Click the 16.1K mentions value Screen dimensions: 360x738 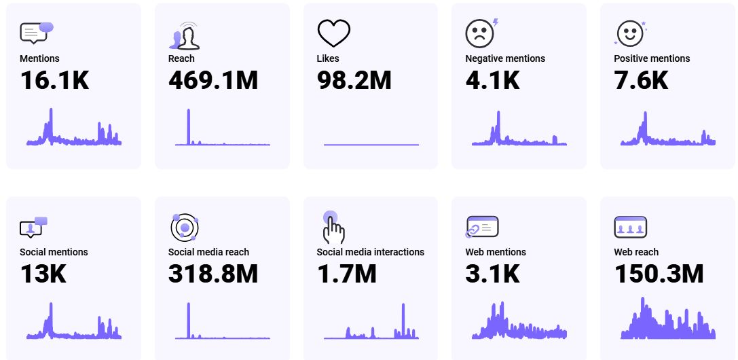(54, 80)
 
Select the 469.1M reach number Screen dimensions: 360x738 (213, 80)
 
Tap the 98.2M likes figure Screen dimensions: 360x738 (354, 80)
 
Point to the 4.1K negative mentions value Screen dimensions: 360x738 (492, 80)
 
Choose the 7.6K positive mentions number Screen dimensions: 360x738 (641, 80)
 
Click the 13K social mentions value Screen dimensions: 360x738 (43, 274)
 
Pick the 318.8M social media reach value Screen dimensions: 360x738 (213, 274)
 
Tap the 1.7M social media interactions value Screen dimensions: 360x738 (346, 274)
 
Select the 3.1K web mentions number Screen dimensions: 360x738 (492, 274)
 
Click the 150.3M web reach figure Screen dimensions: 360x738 (659, 274)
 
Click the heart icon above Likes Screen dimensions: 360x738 (333, 33)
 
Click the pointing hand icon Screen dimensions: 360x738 (333, 227)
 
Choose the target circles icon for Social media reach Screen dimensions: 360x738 (183, 227)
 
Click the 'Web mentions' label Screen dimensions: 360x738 (496, 252)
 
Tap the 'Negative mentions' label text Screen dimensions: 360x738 (505, 58)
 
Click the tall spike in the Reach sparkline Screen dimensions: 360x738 (189, 126)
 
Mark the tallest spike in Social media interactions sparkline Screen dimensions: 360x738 (403, 319)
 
